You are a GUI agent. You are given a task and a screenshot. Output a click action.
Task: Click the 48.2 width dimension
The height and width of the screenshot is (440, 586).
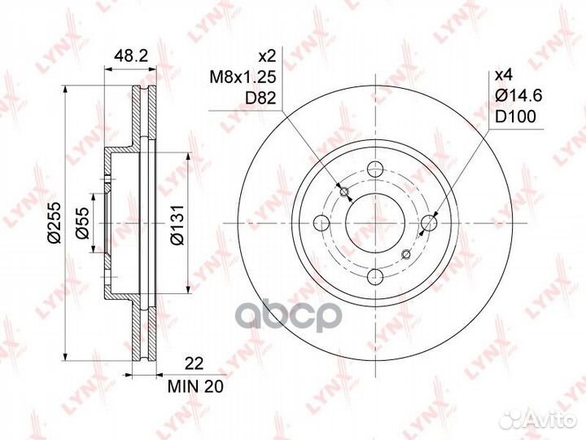[131, 55]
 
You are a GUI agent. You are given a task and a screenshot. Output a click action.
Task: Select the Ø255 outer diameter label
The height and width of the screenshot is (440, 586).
[55, 223]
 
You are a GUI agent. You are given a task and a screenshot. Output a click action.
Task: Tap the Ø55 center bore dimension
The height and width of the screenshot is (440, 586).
[82, 223]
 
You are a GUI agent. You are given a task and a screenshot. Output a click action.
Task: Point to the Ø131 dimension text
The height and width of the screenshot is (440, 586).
[177, 225]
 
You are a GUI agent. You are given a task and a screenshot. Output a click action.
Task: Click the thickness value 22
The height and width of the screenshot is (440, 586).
[195, 363]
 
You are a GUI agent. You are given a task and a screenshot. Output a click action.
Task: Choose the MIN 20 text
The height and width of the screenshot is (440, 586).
[195, 386]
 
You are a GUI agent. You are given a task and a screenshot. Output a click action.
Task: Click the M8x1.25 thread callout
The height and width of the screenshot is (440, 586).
[243, 77]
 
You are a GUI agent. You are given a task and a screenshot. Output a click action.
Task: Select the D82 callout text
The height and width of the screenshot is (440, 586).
[260, 98]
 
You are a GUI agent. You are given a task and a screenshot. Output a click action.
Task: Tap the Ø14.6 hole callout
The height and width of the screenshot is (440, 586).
[518, 96]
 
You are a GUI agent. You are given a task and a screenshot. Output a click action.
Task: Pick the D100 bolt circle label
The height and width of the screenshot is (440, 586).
[515, 117]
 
